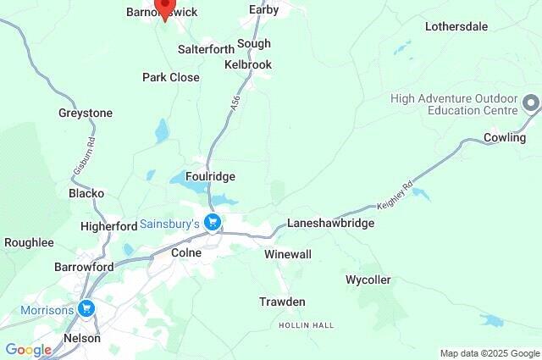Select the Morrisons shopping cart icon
point(86,310)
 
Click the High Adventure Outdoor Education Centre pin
point(532,103)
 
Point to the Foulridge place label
point(210,176)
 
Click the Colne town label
point(186,252)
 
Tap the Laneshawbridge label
point(330,223)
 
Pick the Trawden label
point(283,302)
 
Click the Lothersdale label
point(456,26)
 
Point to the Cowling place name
point(505,137)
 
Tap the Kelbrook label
point(248,64)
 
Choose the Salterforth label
point(205,49)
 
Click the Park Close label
point(171,77)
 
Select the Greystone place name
point(85,113)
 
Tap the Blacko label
point(86,193)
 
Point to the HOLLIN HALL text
point(307,325)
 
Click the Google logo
point(28,349)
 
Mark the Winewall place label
point(288,254)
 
